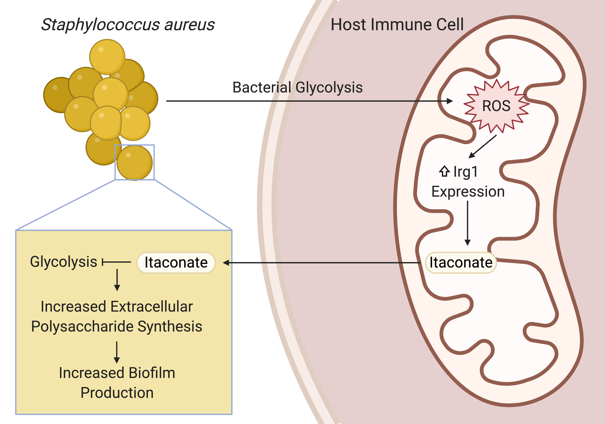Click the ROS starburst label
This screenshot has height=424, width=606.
click(496, 106)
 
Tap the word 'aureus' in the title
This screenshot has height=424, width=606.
click(189, 25)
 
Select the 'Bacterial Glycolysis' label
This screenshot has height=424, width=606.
click(298, 87)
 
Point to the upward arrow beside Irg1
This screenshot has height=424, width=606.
click(444, 171)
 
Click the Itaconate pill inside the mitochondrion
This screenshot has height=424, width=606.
click(461, 262)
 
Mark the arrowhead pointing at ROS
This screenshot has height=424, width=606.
click(449, 101)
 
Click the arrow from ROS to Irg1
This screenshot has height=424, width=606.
click(483, 147)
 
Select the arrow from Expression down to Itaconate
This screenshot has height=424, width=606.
click(467, 223)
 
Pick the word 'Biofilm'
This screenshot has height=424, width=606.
click(152, 373)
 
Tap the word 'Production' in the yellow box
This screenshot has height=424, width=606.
click(117, 393)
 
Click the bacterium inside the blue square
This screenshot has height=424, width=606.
click(135, 163)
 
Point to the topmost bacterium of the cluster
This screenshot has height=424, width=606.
click(107, 57)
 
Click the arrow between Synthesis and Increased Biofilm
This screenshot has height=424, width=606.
click(117, 352)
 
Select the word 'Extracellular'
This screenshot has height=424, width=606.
click(151, 306)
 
